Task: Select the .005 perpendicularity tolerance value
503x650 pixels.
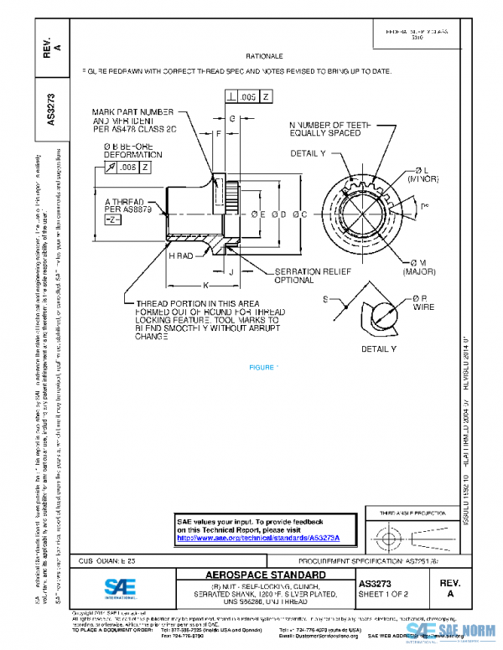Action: click(x=249, y=97)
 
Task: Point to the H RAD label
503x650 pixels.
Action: click(x=181, y=255)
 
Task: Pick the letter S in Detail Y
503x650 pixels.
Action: click(x=324, y=299)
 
